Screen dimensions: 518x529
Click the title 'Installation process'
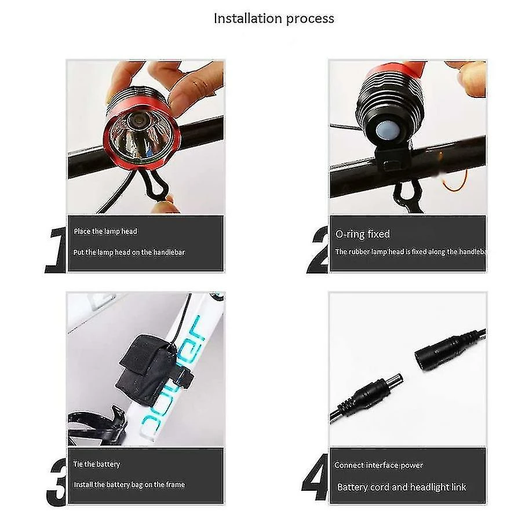coord(273,18)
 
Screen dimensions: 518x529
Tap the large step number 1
coord(56,250)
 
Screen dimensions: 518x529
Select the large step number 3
coord(56,480)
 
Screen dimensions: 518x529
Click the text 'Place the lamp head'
coord(105,231)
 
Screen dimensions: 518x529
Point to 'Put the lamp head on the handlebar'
coord(129,252)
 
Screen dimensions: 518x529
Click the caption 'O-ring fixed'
coord(363,234)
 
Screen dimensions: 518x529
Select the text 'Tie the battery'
coord(97,464)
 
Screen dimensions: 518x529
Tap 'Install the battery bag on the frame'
coord(129,484)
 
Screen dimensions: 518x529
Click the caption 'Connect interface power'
coord(378,465)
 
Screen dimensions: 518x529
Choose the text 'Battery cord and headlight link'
coord(402,487)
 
